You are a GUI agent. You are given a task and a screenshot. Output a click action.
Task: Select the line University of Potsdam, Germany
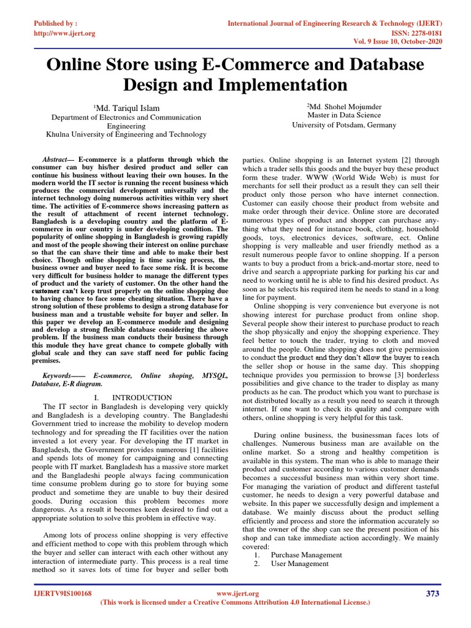[344, 124]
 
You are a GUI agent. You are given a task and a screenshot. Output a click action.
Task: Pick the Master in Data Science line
[344, 115]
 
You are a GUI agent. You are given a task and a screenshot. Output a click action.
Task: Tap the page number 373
[432, 593]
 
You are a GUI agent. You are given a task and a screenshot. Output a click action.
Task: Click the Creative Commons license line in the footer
[235, 603]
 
